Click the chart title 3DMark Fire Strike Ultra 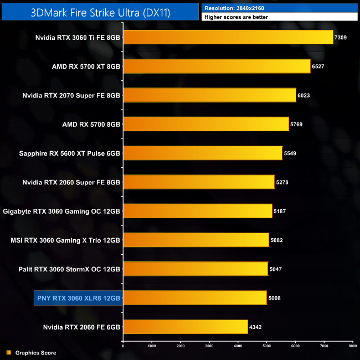tap(100, 11)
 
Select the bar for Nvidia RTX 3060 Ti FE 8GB tap(228, 37)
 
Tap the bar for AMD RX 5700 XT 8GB tap(217, 66)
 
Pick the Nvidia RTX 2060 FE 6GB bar tap(185, 327)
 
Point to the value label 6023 tap(305, 95)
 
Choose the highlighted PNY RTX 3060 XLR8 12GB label tap(78, 298)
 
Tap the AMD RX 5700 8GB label tap(91, 125)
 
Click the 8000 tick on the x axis tap(352, 346)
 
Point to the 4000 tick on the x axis tap(238, 346)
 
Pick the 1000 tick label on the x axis tap(152, 346)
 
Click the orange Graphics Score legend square tap(8, 352)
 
